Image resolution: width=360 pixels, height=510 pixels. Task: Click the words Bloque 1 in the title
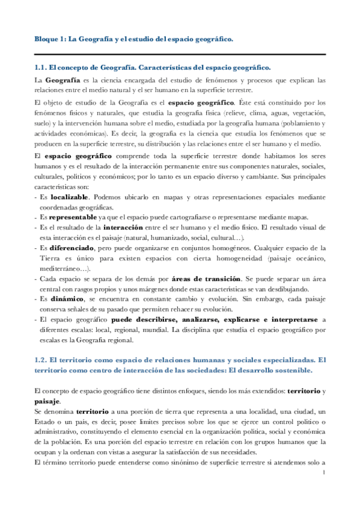(47, 39)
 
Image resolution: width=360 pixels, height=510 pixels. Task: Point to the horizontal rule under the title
(180, 54)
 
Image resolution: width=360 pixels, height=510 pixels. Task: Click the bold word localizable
(70, 197)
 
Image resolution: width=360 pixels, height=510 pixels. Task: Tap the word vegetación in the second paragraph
(307, 112)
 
